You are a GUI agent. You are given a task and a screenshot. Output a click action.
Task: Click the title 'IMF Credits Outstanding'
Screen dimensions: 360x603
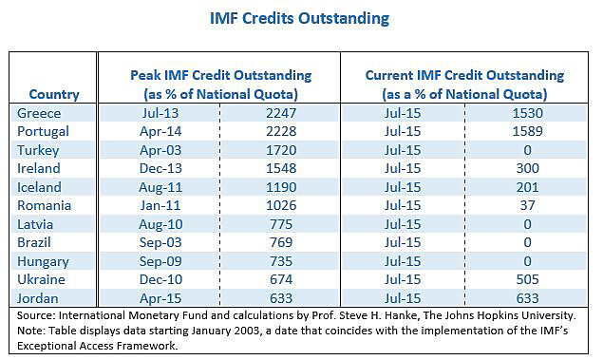300,19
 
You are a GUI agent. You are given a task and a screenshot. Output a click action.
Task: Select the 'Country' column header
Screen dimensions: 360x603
54,94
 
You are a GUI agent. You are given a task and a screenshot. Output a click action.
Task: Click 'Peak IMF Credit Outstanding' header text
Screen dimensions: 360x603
220,75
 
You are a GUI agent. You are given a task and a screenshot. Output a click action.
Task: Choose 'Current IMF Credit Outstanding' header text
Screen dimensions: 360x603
464,75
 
